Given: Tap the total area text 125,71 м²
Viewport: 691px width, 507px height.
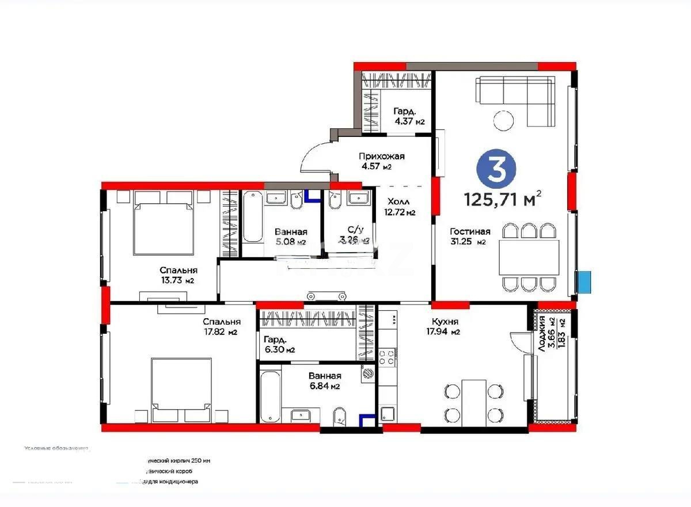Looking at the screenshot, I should point(503,199).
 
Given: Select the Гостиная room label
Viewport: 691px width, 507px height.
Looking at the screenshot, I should point(470,232).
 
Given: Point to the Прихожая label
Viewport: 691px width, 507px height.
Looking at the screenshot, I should point(381,157).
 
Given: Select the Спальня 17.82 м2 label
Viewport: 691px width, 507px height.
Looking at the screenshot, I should point(221,326).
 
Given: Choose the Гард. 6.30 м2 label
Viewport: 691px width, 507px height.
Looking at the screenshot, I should point(279,344).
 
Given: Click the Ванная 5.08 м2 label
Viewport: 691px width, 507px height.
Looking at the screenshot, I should point(291,237).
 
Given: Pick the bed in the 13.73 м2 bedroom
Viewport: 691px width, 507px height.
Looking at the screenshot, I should point(163,227).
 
